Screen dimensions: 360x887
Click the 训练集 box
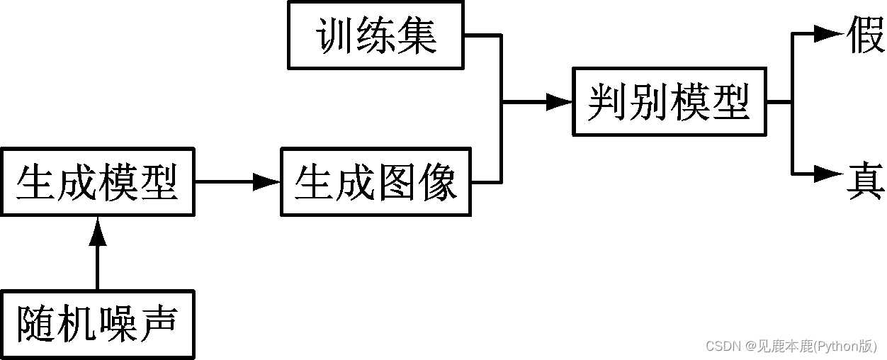tap(375, 35)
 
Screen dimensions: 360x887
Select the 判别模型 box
tap(669, 101)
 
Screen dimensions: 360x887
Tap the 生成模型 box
tap(97, 181)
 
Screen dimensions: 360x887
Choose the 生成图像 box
tap(375, 181)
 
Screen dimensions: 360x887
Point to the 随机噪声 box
tap(97, 325)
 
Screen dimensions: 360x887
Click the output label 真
tap(866, 181)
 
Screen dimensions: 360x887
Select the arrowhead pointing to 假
tap(827, 33)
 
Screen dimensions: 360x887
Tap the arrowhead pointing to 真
tap(827, 172)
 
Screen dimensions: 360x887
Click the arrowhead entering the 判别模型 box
tap(558, 102)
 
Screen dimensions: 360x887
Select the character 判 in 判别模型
tap(609, 102)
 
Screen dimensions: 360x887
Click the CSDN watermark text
tap(791, 346)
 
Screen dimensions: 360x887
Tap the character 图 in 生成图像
tap(397, 182)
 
